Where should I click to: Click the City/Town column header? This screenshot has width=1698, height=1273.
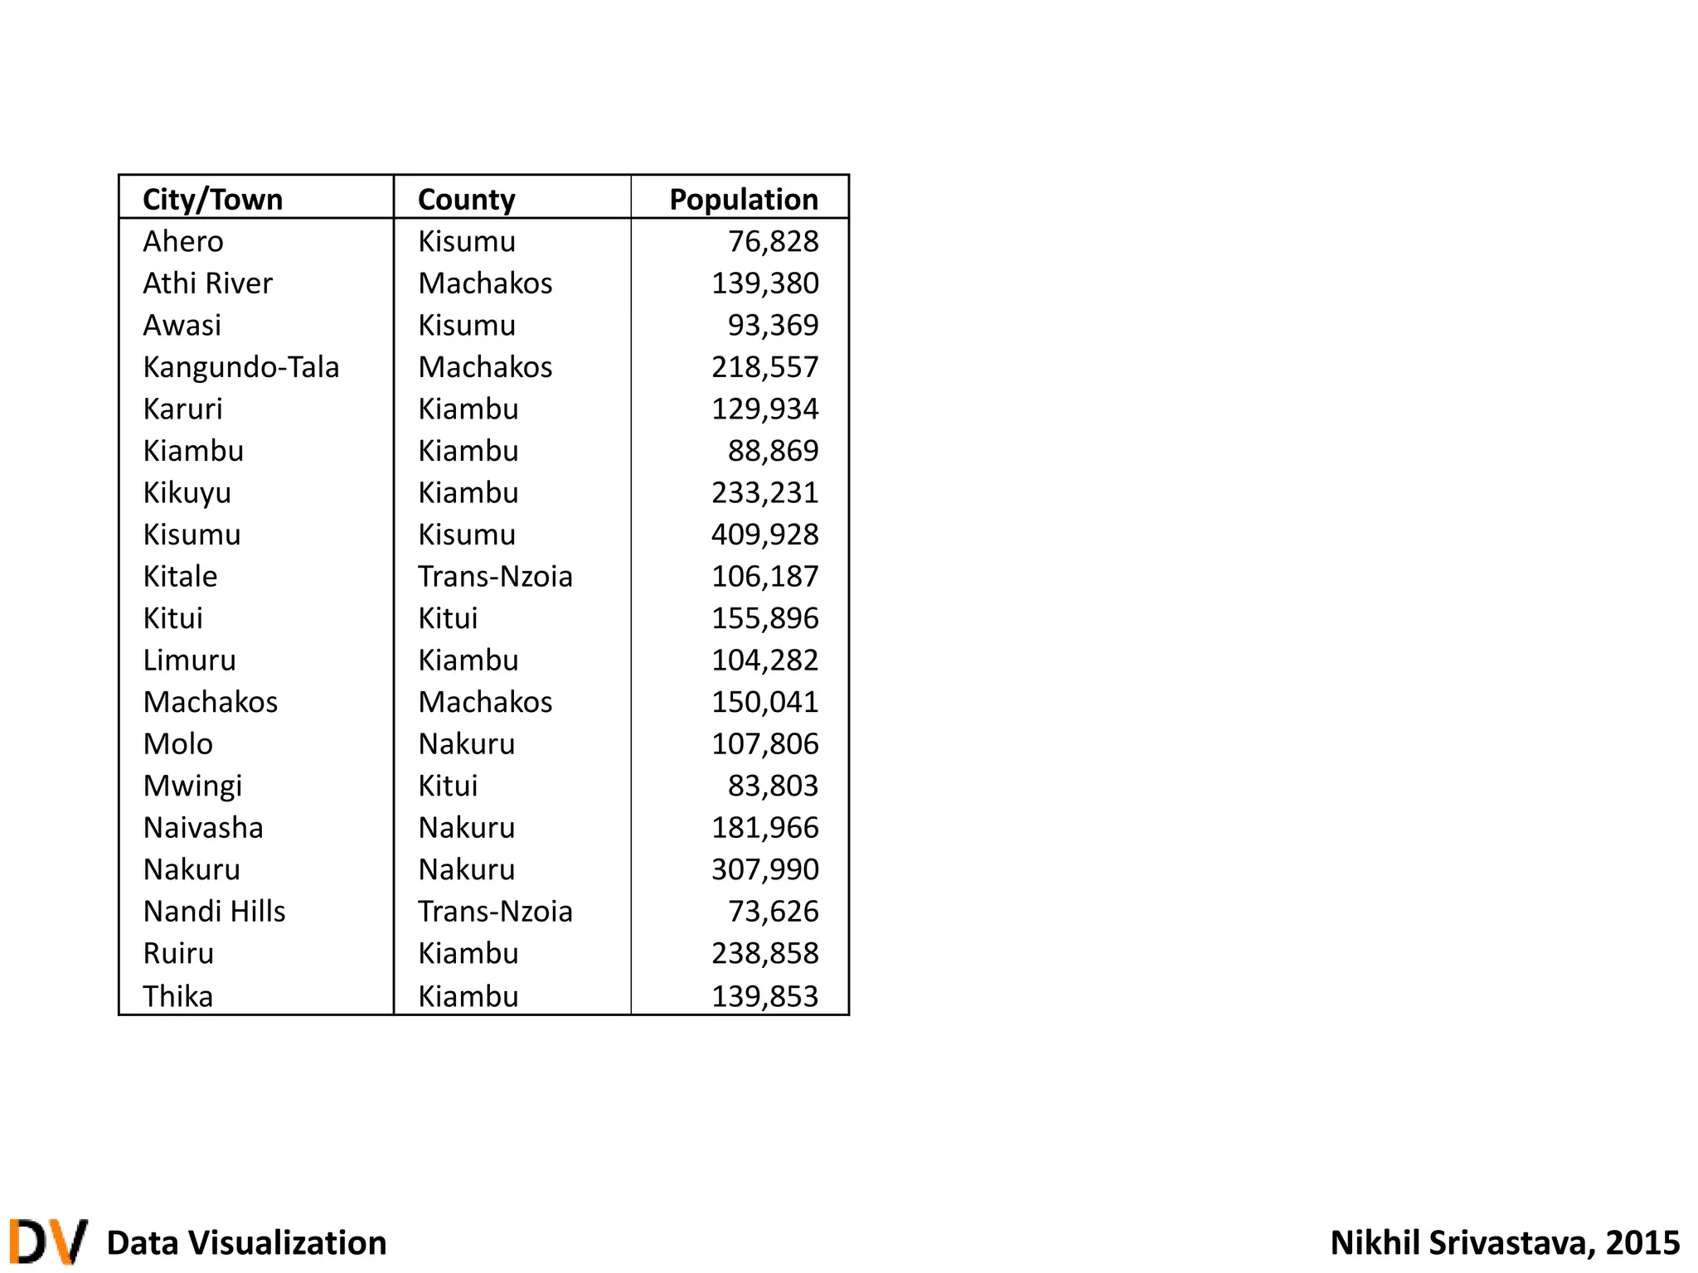click(x=213, y=200)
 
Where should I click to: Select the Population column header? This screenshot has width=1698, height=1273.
click(x=744, y=200)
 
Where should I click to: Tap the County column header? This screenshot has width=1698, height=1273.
click(x=466, y=200)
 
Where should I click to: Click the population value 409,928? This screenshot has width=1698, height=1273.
click(x=764, y=535)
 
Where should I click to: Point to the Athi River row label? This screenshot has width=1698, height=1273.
click(x=207, y=283)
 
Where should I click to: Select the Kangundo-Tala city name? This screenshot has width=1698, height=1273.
click(x=240, y=367)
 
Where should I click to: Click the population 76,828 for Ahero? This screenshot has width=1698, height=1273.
click(x=773, y=241)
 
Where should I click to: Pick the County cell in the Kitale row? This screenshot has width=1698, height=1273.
click(x=495, y=577)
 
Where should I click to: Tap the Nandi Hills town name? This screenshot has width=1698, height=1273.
click(x=214, y=912)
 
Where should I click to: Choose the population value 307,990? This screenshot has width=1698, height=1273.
click(x=764, y=869)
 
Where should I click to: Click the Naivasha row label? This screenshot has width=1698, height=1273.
click(x=203, y=828)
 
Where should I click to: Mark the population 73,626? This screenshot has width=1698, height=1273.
click(x=773, y=912)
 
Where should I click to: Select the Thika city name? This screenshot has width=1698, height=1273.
click(x=177, y=996)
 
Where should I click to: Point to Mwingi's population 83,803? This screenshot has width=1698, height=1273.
click(x=773, y=786)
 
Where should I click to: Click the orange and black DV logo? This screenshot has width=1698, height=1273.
click(x=48, y=1241)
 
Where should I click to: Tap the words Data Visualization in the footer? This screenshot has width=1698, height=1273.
click(x=246, y=1243)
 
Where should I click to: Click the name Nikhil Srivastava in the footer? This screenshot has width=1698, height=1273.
click(x=1456, y=1243)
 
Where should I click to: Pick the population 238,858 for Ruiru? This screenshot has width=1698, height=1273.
click(x=764, y=954)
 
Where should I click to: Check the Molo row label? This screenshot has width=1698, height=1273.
click(x=177, y=744)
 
